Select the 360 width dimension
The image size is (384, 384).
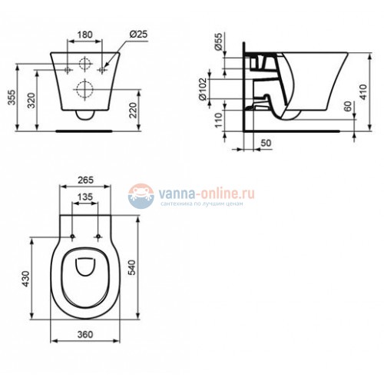pyautogui.click(x=85, y=334)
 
